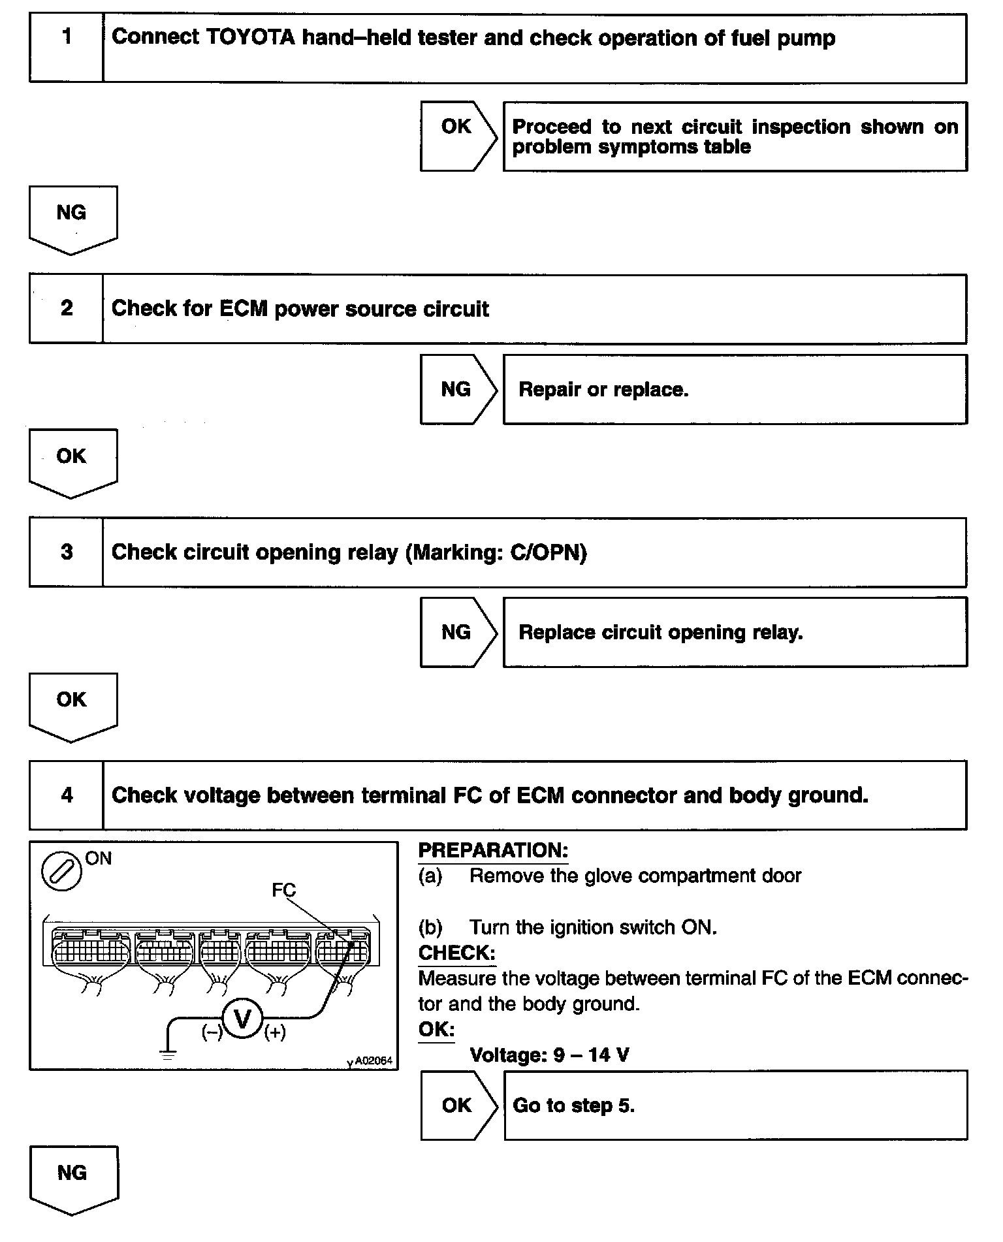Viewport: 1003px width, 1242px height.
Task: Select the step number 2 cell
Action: pos(66,308)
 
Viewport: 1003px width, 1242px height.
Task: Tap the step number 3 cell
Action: pos(66,552)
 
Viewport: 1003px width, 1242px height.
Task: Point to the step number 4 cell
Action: pos(66,795)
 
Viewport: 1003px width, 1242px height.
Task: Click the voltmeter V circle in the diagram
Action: pos(242,1018)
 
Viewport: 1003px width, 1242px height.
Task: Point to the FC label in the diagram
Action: pos(283,890)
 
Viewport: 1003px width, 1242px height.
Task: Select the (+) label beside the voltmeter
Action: pos(275,1032)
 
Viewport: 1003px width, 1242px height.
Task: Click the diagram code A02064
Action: pos(374,1060)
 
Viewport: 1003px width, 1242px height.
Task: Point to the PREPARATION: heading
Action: pos(493,850)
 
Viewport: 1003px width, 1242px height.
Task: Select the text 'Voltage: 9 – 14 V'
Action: pos(549,1055)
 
